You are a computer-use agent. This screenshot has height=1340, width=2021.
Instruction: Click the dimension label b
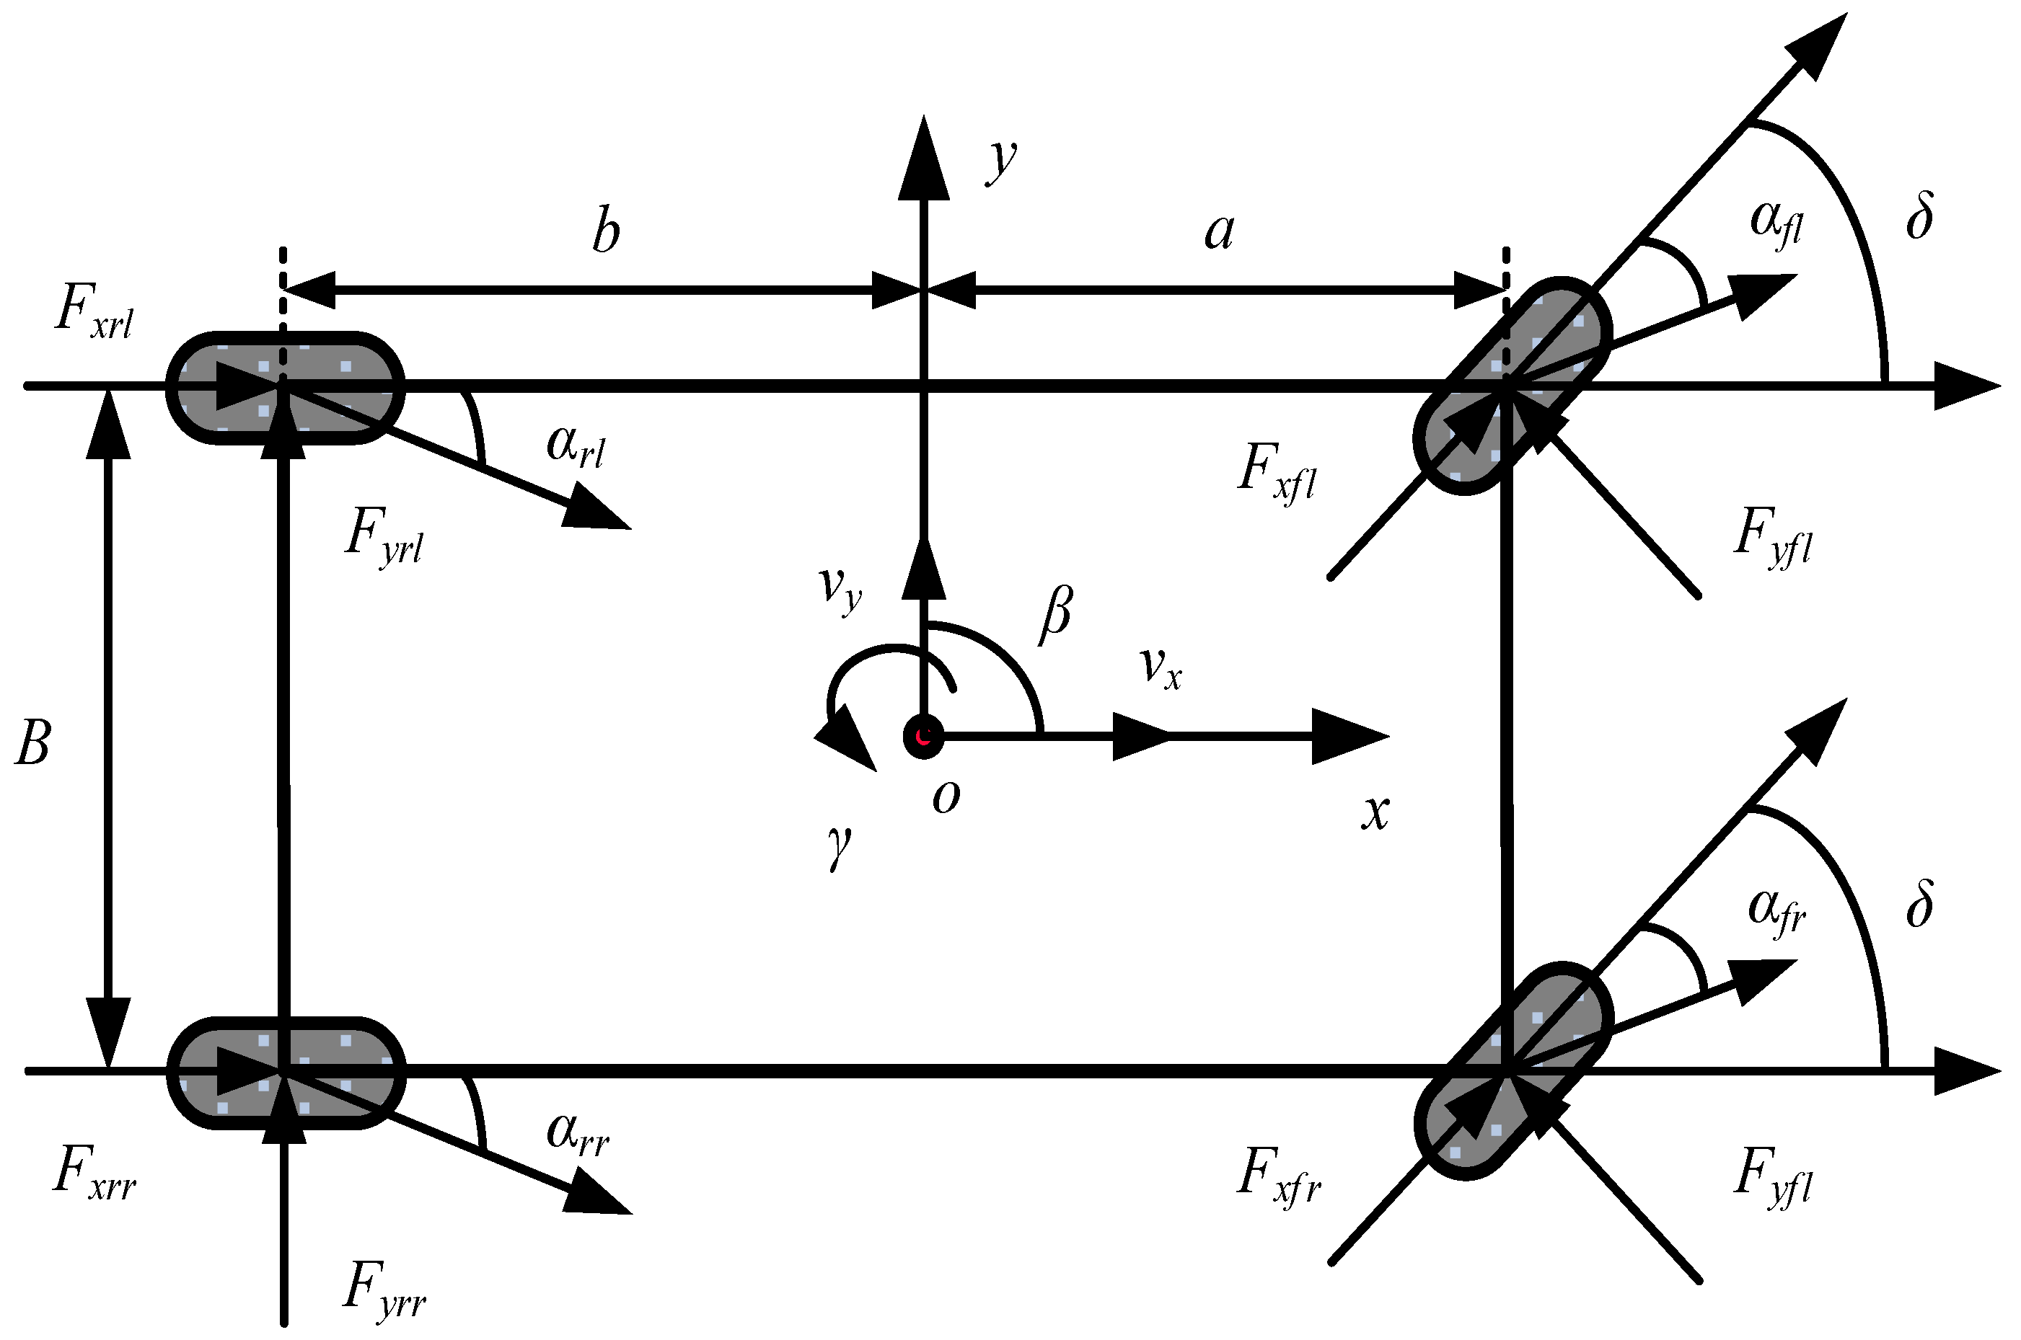(606, 231)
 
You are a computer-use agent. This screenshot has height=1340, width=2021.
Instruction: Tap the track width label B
(33, 742)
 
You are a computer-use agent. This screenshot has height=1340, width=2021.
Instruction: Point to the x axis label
(1375, 812)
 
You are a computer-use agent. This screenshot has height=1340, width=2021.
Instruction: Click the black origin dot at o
(923, 736)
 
